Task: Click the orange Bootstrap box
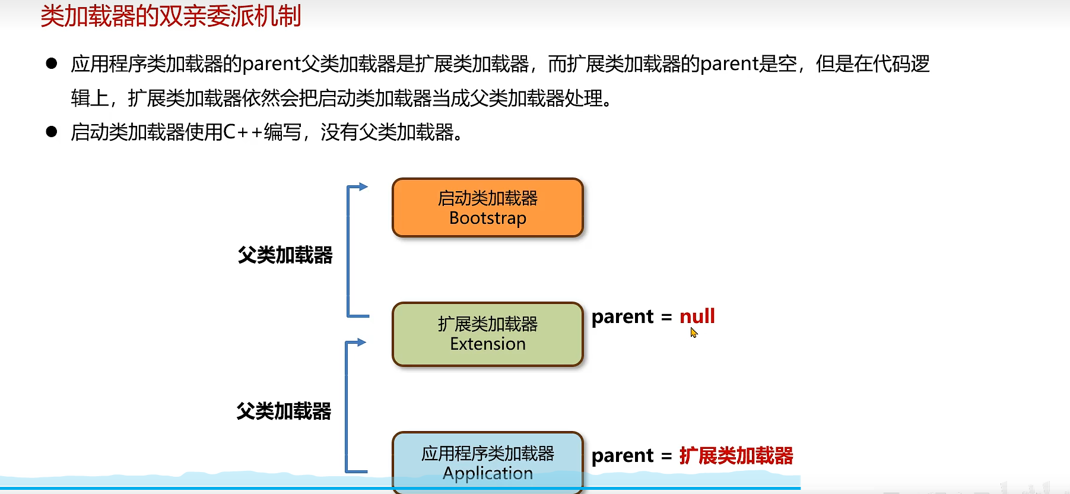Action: coord(487,208)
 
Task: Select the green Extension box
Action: coord(487,334)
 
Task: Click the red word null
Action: coord(697,316)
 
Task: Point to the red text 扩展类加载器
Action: coord(736,456)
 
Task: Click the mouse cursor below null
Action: coord(694,333)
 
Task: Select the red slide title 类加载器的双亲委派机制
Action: coord(171,16)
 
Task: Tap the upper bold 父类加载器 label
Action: coord(285,255)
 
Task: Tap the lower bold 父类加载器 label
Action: coord(284,411)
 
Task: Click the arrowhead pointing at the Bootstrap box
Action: coord(363,186)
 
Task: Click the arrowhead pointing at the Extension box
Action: coord(361,343)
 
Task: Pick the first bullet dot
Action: coord(52,64)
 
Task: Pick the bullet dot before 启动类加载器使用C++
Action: coord(52,132)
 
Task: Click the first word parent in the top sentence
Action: coord(272,64)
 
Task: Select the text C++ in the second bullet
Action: coord(243,132)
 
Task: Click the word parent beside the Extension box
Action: coord(623,317)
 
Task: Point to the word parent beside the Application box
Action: coord(623,456)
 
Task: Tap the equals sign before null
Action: coord(666,318)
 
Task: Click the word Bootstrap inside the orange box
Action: coord(487,218)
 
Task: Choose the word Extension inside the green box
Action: coord(487,344)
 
